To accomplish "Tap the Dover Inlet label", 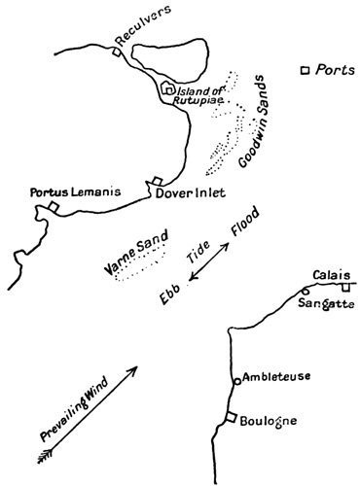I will click(x=191, y=192).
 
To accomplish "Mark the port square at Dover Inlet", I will click(x=156, y=181).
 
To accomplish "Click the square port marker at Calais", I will click(x=345, y=287).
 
